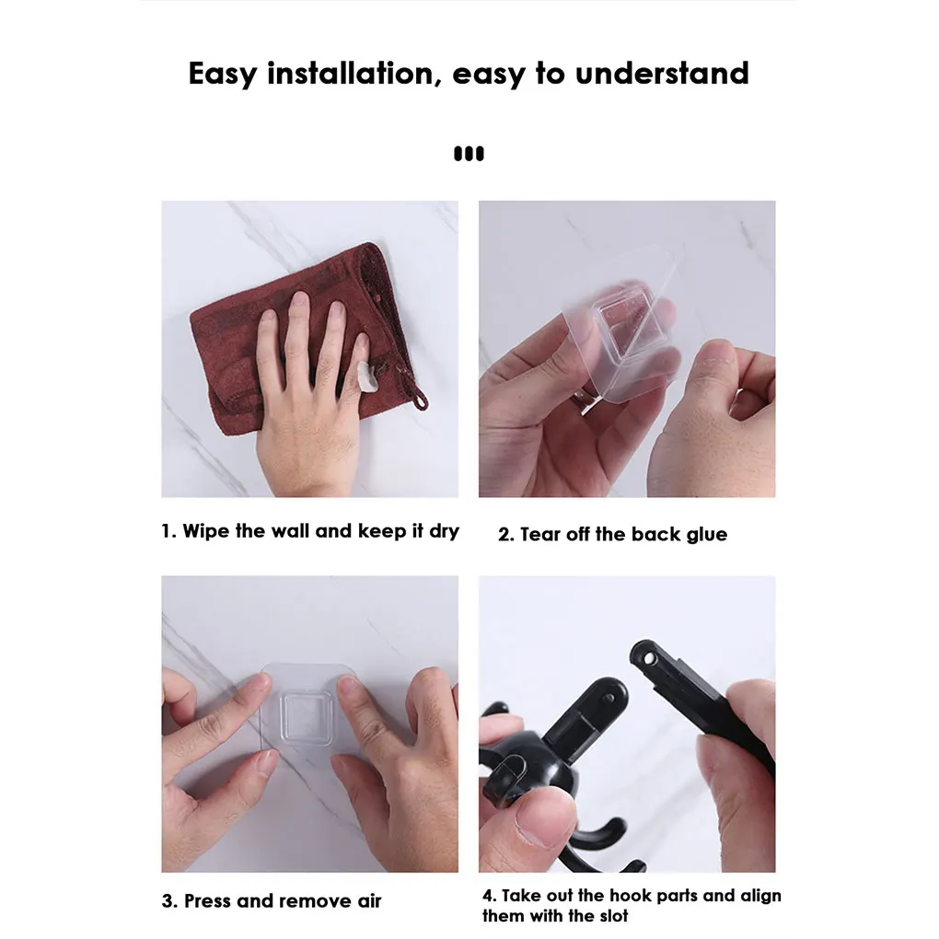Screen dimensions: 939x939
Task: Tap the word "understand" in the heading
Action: [662, 74]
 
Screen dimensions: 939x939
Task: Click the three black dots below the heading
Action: [469, 154]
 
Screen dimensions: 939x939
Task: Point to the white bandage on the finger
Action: [365, 376]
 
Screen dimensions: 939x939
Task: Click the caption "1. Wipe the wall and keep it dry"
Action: [309, 531]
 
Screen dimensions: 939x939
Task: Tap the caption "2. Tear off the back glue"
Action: [612, 535]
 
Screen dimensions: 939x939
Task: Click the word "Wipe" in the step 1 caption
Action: [208, 531]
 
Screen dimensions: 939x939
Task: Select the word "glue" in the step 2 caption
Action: [706, 535]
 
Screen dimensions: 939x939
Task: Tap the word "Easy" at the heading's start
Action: [222, 74]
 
